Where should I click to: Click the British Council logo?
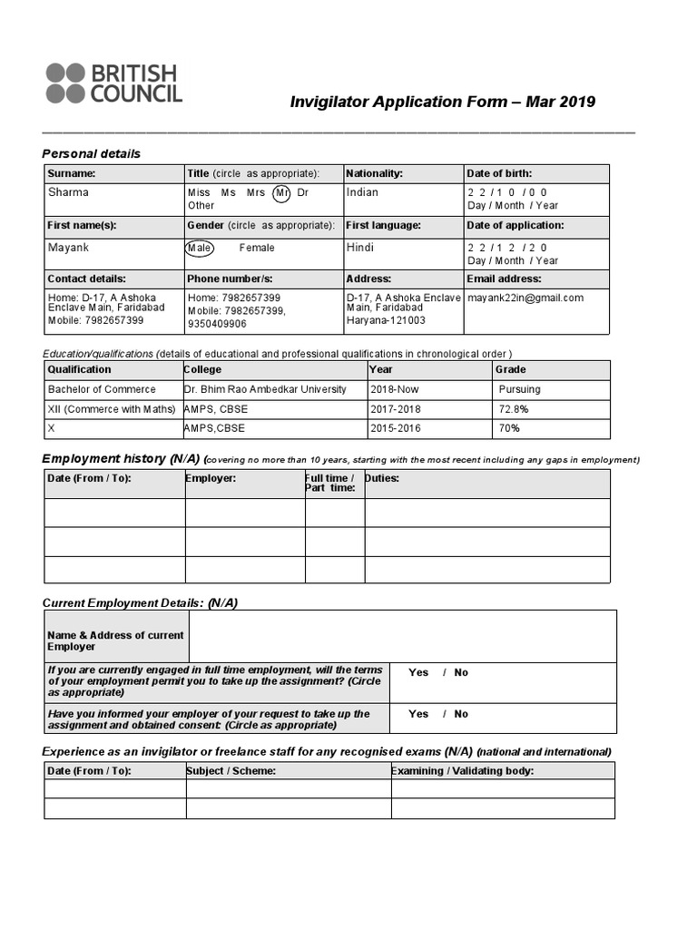click(114, 83)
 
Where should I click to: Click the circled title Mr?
click(282, 192)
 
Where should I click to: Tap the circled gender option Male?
click(199, 248)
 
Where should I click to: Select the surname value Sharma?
click(68, 192)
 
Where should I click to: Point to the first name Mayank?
click(68, 248)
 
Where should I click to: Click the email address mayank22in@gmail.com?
click(525, 298)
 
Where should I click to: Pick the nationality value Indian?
click(362, 192)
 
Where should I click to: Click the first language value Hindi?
click(360, 248)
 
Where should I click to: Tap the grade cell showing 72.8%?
click(513, 409)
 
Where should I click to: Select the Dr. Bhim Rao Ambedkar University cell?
click(265, 389)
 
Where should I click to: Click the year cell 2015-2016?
click(396, 428)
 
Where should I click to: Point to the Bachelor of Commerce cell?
click(102, 389)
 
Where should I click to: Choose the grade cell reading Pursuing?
click(519, 389)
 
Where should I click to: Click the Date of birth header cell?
click(499, 173)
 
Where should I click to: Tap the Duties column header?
click(382, 478)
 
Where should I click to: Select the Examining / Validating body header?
click(463, 771)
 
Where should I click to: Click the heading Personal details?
click(92, 153)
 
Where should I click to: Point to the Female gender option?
click(257, 248)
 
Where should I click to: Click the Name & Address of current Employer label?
click(115, 641)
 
